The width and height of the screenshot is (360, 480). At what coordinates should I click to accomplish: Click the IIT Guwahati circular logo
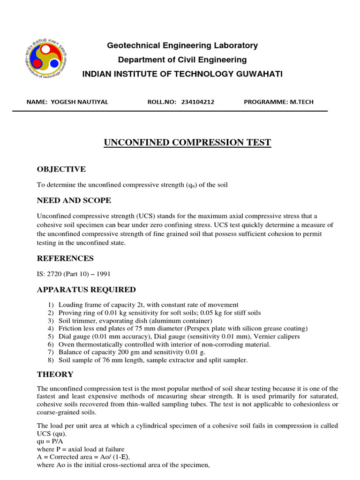[x=46, y=60]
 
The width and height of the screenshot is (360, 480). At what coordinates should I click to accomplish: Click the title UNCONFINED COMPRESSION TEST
[x=187, y=142]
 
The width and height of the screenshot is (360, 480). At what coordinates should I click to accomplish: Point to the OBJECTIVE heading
[x=61, y=169]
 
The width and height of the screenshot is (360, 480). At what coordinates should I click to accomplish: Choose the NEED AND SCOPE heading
[x=74, y=200]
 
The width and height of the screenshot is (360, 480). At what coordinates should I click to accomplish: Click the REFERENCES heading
[x=65, y=258]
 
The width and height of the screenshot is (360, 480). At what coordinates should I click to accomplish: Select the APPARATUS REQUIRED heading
[x=86, y=289]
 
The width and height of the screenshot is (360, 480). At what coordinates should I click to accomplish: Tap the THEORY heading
[x=55, y=374]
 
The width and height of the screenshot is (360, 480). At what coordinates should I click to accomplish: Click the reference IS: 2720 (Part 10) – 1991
[x=74, y=274]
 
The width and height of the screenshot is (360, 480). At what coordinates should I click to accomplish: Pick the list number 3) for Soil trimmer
[x=51, y=321]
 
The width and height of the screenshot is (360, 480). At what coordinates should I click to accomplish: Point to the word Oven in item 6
[x=66, y=345]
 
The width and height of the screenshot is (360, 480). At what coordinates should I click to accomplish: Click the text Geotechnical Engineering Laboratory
[x=182, y=45]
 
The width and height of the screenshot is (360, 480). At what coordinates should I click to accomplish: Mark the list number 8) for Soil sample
[x=51, y=360]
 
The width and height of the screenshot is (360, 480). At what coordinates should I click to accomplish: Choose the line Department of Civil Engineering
[x=182, y=60]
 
